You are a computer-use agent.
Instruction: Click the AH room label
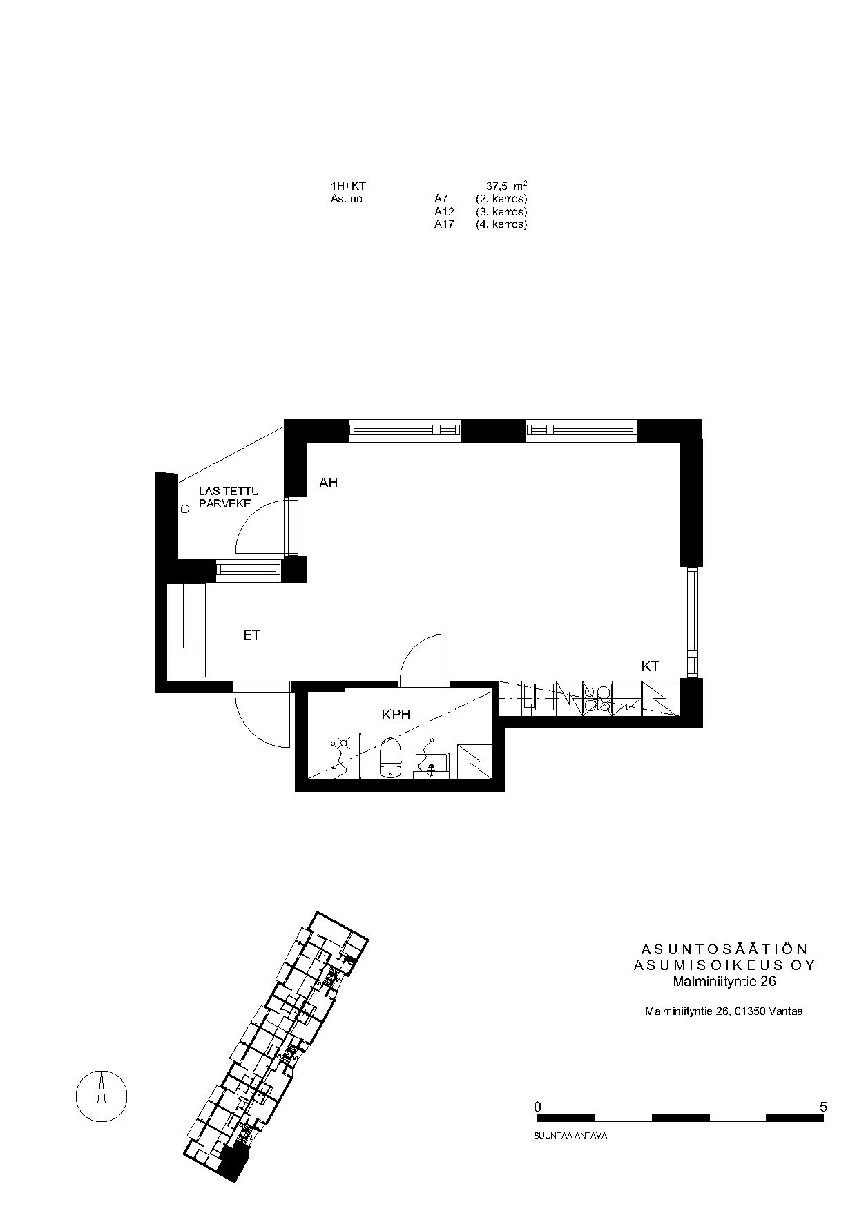click(328, 483)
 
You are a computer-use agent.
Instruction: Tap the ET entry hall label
click(251, 635)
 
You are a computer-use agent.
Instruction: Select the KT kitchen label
click(650, 666)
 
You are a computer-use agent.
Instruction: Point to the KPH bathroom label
click(396, 715)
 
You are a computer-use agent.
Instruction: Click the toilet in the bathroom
click(390, 757)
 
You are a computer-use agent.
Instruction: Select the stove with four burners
click(597, 698)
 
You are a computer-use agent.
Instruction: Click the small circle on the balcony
click(184, 510)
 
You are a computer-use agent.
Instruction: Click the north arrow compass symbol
click(102, 1096)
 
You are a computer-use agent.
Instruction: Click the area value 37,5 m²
click(508, 186)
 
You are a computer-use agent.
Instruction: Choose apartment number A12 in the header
click(444, 211)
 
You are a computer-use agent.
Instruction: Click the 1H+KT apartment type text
click(348, 186)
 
